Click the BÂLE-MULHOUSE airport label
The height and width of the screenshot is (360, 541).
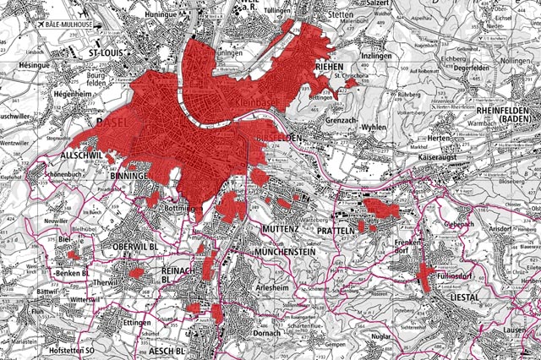click(x=73, y=25)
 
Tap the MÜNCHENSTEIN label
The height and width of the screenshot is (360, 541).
click(x=286, y=252)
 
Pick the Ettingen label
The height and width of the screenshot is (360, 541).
click(x=136, y=323)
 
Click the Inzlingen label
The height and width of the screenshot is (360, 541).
click(x=377, y=55)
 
